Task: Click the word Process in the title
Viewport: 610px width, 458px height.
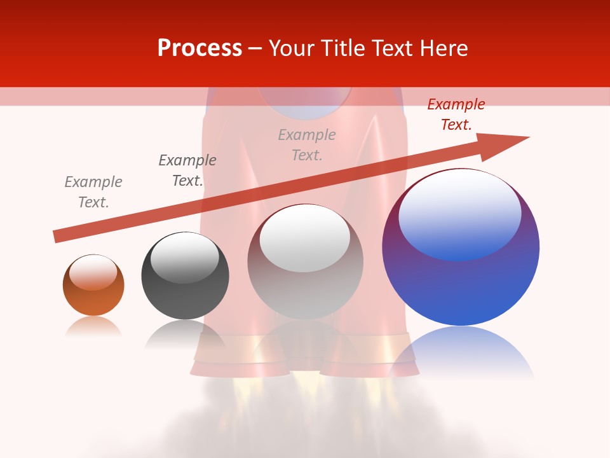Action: coord(200,48)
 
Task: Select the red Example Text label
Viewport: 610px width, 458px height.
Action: coord(456,114)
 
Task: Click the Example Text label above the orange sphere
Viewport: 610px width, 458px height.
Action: coord(93,192)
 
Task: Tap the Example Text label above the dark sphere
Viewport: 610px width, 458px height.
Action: coord(187,170)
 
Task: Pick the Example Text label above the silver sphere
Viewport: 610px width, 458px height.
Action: coord(307,145)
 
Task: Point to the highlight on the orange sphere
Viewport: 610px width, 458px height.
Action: coord(93,272)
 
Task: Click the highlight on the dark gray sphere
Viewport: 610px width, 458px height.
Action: coord(184,257)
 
